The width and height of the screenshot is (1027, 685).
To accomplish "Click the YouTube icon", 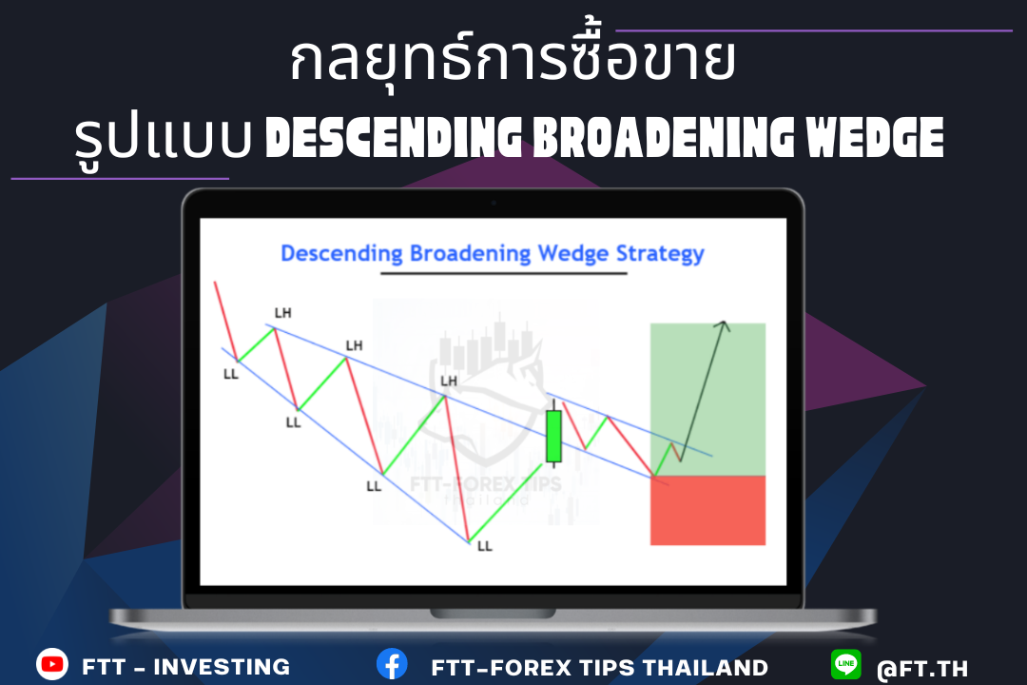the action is (x=52, y=664).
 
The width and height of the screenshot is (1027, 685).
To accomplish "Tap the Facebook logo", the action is (x=392, y=664).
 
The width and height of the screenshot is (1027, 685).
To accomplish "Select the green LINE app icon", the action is (x=846, y=664).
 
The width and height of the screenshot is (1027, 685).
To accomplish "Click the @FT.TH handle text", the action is (x=922, y=669).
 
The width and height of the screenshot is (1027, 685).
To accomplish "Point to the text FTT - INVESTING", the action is (x=186, y=667).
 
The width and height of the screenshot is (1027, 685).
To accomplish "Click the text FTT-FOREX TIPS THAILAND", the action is (x=599, y=667).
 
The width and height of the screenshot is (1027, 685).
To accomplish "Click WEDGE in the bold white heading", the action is (x=875, y=138).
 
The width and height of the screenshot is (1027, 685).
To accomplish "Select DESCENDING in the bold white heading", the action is (x=394, y=138).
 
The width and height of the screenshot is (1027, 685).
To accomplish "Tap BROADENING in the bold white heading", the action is (x=664, y=138).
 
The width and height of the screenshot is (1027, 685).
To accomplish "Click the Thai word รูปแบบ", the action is (x=164, y=139).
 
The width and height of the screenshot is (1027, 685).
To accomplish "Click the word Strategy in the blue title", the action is (x=660, y=254).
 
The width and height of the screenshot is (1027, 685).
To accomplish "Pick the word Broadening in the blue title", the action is (x=471, y=254).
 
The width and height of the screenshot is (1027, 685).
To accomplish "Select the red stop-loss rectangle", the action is (x=708, y=510).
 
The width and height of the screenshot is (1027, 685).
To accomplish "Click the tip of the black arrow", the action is (x=724, y=322).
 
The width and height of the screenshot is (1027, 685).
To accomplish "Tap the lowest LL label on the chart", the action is (x=485, y=546).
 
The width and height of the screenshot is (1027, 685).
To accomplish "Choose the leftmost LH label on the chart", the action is (x=283, y=313).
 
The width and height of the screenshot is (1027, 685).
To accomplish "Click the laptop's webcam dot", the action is (x=494, y=204).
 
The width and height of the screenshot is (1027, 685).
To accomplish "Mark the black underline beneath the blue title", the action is (x=504, y=273).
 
